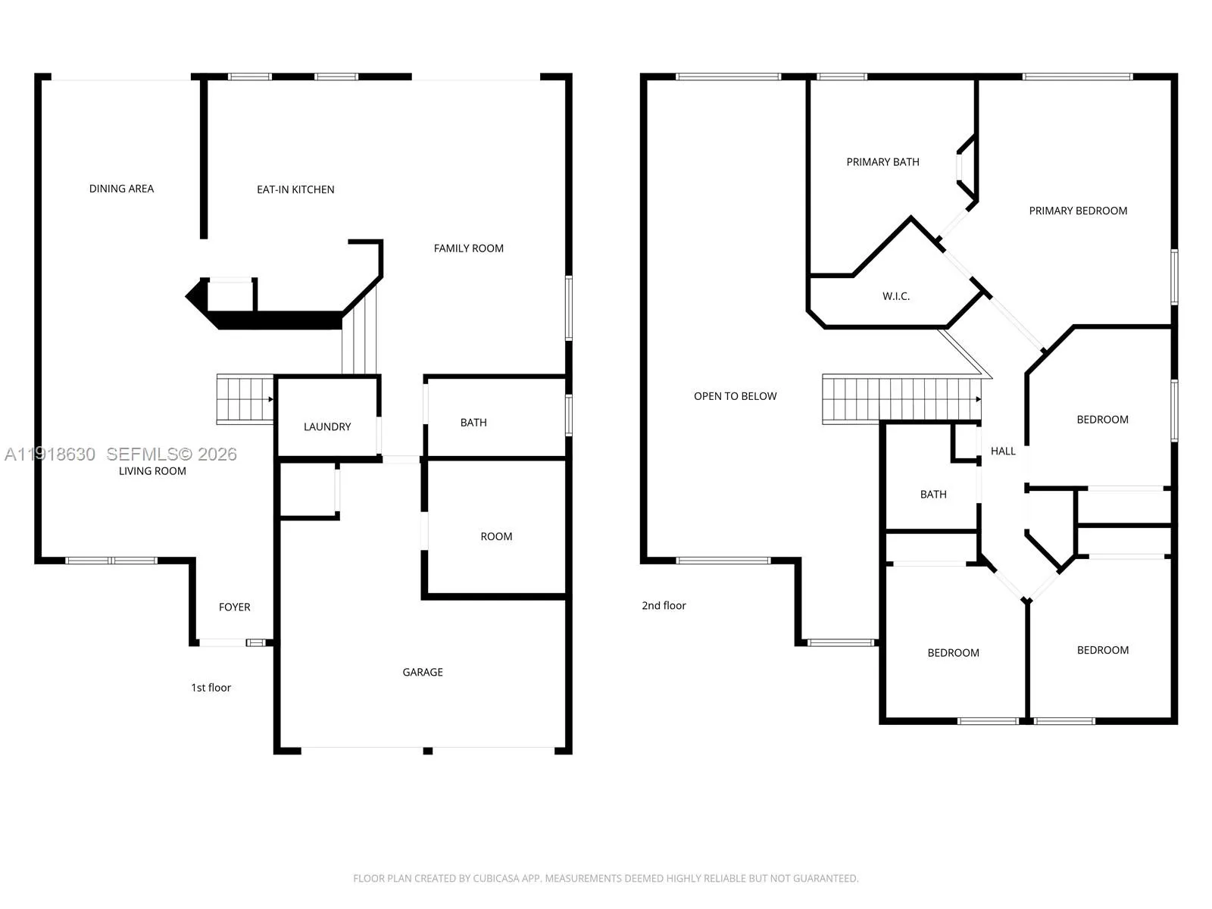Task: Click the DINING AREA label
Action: click(x=121, y=189)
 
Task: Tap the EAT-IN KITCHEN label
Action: click(x=295, y=190)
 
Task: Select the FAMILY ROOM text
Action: click(x=468, y=249)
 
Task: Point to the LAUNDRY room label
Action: click(x=327, y=427)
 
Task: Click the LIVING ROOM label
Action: click(x=152, y=471)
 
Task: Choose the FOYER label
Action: click(x=234, y=608)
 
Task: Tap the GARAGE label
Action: click(x=423, y=673)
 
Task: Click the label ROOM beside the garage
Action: click(x=496, y=537)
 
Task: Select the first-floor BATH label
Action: click(x=473, y=423)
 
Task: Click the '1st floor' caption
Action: click(x=211, y=689)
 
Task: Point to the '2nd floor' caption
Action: click(x=663, y=606)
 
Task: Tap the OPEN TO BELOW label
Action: click(x=735, y=396)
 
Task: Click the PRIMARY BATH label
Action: click(x=882, y=162)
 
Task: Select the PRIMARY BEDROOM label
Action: click(x=1078, y=211)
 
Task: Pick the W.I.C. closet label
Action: click(x=895, y=296)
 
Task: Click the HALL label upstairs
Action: click(x=1003, y=451)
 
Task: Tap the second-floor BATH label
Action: click(x=933, y=495)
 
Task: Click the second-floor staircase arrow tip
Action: click(x=981, y=399)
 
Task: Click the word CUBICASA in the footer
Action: click(x=496, y=878)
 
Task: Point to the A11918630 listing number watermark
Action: click(x=50, y=454)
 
